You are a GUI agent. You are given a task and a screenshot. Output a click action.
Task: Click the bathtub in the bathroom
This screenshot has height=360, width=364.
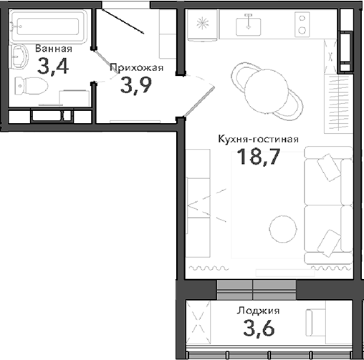coord(49,26)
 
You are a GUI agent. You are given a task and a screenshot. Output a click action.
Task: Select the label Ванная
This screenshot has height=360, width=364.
coord(52,49)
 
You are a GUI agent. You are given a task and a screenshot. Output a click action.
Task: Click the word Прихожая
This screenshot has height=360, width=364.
coord(137,68)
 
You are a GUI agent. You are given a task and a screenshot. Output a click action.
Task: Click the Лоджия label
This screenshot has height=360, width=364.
coord(258,311)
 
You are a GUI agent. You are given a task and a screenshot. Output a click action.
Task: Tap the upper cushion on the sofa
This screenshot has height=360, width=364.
coord(329,169)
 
